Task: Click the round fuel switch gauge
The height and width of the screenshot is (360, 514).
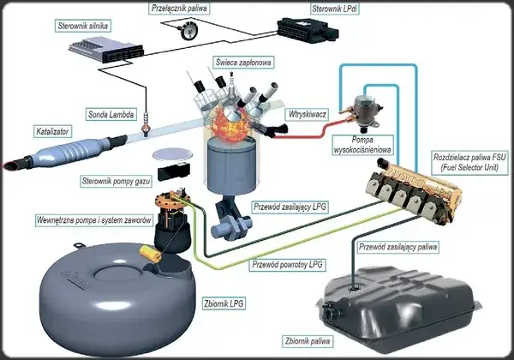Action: [x=182, y=33]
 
